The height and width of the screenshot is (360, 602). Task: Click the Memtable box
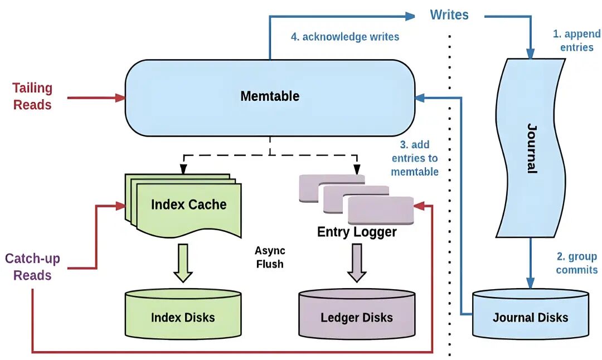tap(270, 97)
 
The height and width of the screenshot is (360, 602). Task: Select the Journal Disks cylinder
tap(530, 315)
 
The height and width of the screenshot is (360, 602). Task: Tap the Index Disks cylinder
tap(183, 315)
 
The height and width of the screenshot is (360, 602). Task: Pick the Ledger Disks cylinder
tap(357, 315)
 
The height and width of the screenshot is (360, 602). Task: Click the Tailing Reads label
tap(32, 96)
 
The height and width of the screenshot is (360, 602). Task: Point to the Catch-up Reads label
tap(32, 267)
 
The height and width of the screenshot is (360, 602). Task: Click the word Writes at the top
tap(449, 15)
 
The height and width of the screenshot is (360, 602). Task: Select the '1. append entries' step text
tap(576, 41)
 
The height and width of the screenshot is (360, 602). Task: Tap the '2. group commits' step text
tap(576, 263)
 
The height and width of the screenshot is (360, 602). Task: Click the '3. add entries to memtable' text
tap(414, 158)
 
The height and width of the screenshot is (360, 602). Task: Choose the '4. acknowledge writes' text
tap(345, 37)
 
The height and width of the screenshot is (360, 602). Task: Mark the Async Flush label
tap(270, 257)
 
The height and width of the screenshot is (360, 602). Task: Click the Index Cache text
tap(188, 205)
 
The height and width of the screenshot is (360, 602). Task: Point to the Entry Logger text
tap(357, 232)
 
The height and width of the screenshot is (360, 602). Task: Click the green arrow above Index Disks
tap(183, 262)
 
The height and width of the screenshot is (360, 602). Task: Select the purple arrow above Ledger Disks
tap(357, 262)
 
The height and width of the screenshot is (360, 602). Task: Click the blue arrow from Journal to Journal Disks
tap(530, 262)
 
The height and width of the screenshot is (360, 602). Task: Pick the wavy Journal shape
tap(531, 148)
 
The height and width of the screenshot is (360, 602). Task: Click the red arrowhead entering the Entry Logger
tap(420, 206)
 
